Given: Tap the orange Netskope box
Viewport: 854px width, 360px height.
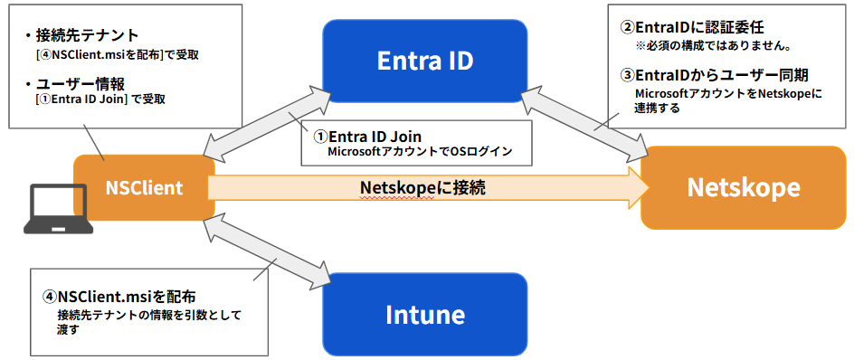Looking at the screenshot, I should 743,187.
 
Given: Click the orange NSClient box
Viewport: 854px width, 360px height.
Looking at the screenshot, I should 144,188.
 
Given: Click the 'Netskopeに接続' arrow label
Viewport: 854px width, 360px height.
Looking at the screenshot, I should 423,187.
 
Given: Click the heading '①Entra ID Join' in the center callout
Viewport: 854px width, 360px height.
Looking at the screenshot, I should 367,136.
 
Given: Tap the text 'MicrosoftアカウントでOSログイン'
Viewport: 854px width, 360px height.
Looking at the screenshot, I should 419,151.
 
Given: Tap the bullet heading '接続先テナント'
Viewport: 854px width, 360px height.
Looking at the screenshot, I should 87,35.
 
